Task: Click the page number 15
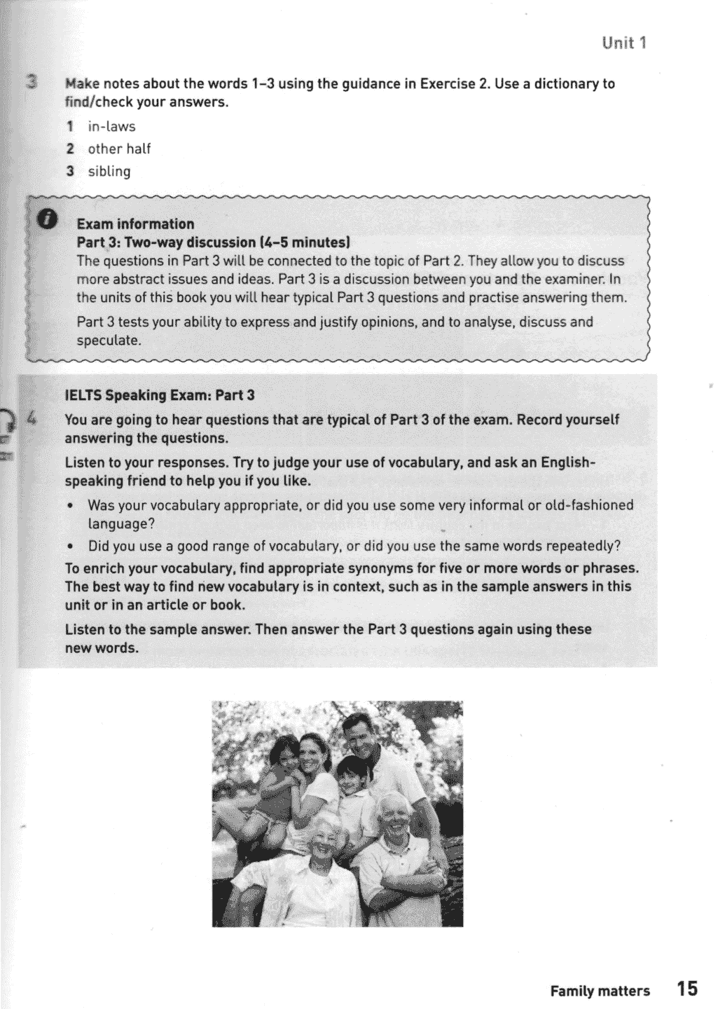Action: click(x=687, y=989)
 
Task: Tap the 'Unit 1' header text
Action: click(x=623, y=43)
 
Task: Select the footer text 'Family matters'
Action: click(x=600, y=991)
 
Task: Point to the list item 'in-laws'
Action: click(x=111, y=127)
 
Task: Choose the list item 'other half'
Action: click(x=119, y=149)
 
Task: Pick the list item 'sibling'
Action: click(x=109, y=171)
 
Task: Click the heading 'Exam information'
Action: click(x=135, y=224)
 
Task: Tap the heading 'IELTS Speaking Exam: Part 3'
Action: click(x=160, y=395)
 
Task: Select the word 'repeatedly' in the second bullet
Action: click(x=578, y=546)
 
